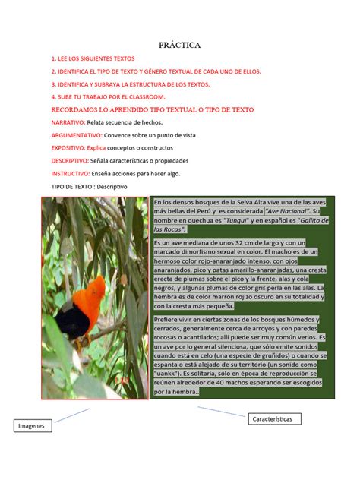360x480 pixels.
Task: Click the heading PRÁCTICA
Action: [180, 46]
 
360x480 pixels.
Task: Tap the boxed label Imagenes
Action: [31, 426]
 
